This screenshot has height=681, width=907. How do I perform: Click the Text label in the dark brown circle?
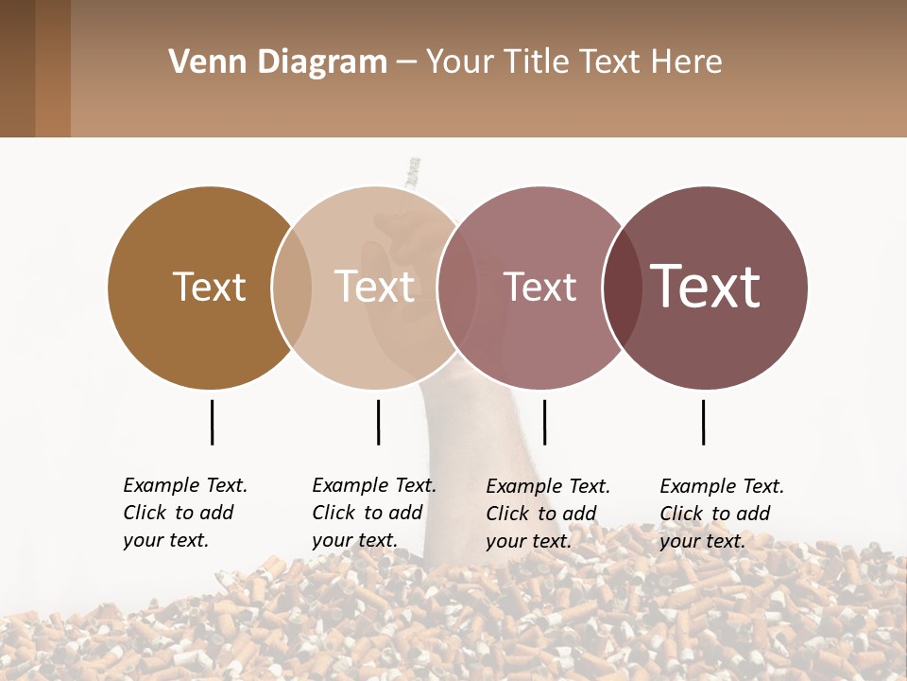(x=209, y=287)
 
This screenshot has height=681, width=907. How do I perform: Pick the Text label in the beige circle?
(x=374, y=287)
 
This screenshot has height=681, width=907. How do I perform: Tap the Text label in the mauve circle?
(x=539, y=287)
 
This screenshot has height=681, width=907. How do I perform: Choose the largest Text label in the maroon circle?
(x=705, y=287)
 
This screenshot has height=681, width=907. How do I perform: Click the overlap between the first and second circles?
(x=292, y=288)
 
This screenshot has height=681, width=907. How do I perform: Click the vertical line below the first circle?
(x=212, y=422)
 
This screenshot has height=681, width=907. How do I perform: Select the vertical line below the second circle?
(x=378, y=422)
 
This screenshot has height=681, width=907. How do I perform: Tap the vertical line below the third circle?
(x=544, y=422)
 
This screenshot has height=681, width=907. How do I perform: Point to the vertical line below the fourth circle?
(x=703, y=422)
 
